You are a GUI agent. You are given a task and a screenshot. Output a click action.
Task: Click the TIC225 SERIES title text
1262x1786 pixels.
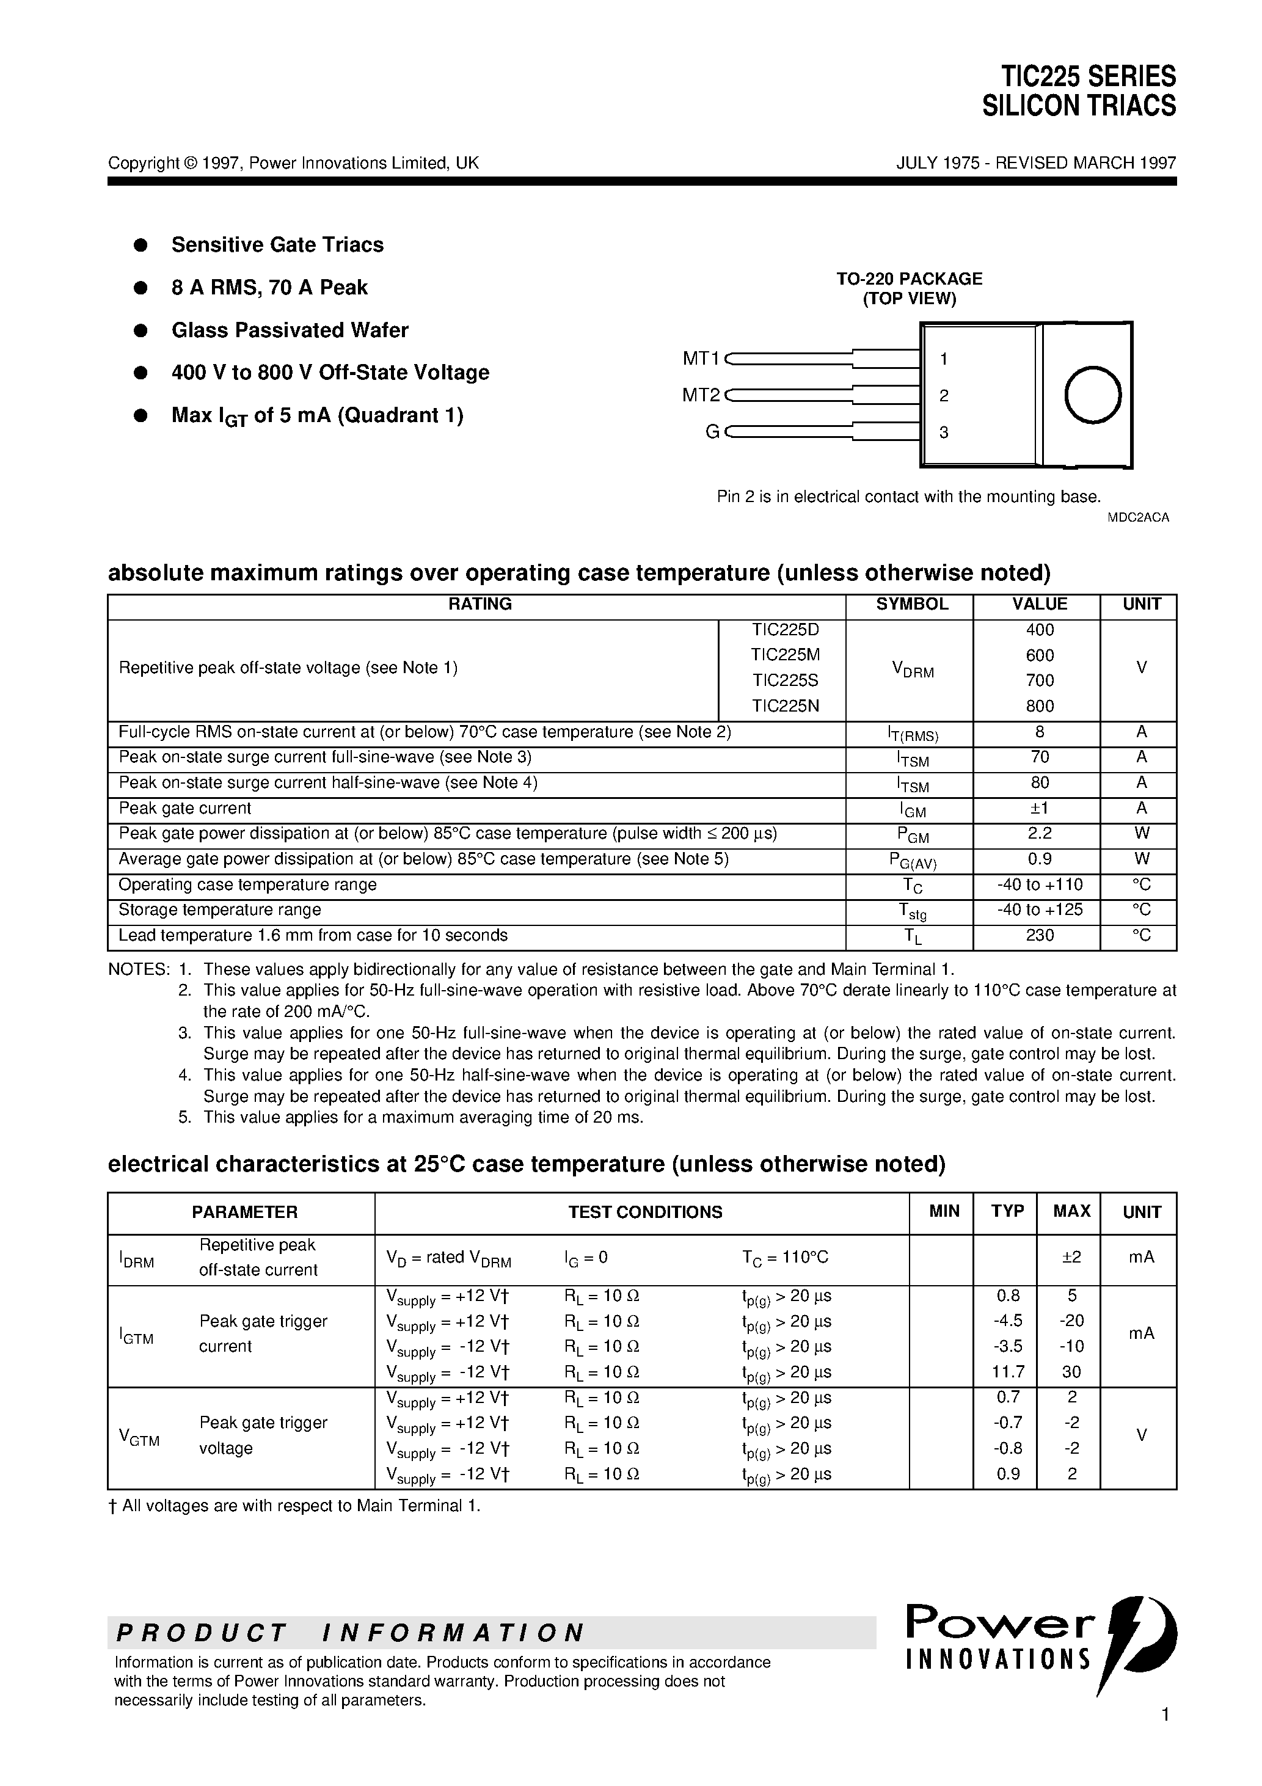1088,77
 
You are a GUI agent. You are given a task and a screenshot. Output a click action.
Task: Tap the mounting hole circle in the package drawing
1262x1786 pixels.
1092,395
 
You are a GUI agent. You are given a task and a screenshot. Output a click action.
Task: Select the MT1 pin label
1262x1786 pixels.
701,359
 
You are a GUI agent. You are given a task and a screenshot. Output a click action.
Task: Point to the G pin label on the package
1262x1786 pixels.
711,432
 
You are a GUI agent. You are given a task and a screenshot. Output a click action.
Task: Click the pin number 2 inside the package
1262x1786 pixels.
944,396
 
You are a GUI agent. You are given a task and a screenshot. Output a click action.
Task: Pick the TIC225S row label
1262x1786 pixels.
785,680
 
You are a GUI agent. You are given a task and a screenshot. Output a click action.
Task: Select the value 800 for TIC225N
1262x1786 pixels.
1040,705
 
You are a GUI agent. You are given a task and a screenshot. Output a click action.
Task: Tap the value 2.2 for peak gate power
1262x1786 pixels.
1040,833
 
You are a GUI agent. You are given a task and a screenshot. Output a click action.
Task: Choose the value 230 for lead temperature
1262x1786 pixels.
1040,935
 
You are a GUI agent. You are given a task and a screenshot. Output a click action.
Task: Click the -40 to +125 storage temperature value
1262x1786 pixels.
1040,909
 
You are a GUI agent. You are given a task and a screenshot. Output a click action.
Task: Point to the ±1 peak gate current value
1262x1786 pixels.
1040,807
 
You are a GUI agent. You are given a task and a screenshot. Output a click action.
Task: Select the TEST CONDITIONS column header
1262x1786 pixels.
645,1212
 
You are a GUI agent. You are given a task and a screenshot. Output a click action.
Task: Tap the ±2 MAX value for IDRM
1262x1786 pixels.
1071,1257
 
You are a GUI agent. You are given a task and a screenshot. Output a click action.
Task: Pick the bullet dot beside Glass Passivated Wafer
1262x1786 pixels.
141,330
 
